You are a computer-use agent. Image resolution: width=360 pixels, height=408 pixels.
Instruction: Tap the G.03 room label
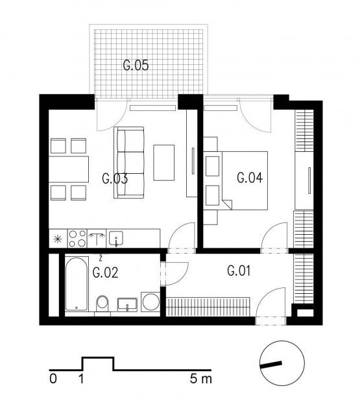pyautogui.click(x=114, y=179)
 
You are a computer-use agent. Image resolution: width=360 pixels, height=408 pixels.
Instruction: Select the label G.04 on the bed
pyautogui.click(x=248, y=178)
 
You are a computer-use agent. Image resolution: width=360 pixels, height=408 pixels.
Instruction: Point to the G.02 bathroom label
pyautogui.click(x=105, y=272)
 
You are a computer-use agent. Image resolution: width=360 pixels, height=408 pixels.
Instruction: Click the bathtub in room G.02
pyautogui.click(x=76, y=283)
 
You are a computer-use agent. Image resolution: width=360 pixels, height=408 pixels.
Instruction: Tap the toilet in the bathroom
pyautogui.click(x=102, y=302)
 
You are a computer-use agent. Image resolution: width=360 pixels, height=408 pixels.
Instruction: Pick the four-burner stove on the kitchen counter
pyautogui.click(x=77, y=238)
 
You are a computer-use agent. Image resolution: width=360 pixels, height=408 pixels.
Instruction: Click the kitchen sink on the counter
pyautogui.click(x=117, y=239)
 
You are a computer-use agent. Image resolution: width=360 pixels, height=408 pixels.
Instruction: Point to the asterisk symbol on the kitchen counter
pyautogui.click(x=58, y=238)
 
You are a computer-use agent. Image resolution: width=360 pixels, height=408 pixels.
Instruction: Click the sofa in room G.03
pyautogui.click(x=129, y=162)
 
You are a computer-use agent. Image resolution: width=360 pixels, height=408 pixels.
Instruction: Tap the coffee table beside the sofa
pyautogui.click(x=164, y=162)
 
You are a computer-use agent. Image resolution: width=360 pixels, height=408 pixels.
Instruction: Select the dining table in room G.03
pyautogui.click(x=69, y=169)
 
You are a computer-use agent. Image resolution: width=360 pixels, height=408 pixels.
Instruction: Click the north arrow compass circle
pyautogui.click(x=282, y=364)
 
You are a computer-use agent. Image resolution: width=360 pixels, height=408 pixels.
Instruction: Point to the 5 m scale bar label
pyautogui.click(x=201, y=378)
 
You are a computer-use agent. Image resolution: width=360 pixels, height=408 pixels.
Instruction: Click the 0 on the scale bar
pyautogui.click(x=53, y=378)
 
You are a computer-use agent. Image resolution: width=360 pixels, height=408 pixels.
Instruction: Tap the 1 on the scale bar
pyautogui.click(x=81, y=378)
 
